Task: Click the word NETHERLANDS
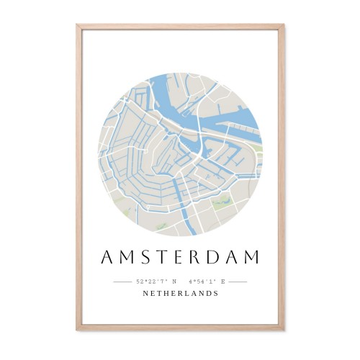tap(180, 294)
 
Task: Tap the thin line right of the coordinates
tap(238, 282)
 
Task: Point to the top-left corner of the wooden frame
tap(78, 26)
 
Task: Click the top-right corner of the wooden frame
tap(284, 26)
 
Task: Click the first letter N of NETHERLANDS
tap(145, 294)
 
